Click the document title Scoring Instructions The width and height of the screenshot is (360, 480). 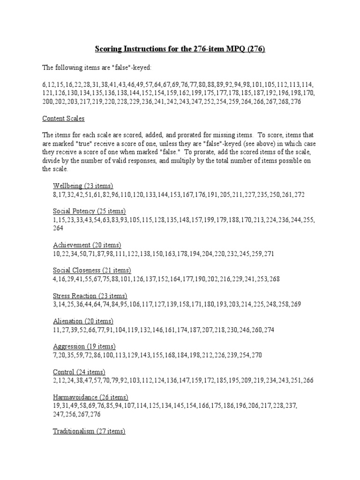tap(180, 49)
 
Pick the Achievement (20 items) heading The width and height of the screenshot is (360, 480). tap(87, 245)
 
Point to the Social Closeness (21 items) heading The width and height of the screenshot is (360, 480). tap(92, 270)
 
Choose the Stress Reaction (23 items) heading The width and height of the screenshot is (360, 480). tap(90, 296)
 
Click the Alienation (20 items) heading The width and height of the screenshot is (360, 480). tap(83, 321)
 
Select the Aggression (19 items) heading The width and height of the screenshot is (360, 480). tap(84, 346)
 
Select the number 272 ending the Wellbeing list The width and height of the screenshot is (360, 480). tap(299, 195)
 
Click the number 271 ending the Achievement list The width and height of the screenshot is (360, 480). tap(268, 254)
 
